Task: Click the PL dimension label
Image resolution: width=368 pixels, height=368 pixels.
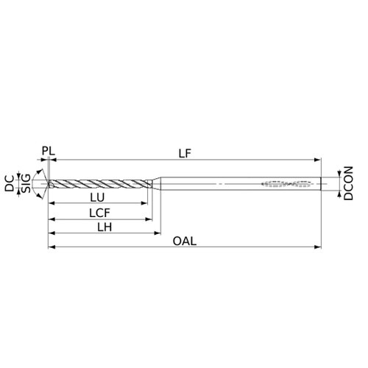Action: pos(49,151)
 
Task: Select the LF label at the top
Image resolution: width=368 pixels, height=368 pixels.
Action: pos(185,154)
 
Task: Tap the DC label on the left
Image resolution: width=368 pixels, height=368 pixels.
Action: pos(10,183)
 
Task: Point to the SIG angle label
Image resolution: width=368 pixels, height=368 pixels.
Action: pos(26,183)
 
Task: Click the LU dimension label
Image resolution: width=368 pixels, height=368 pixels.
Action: pos(97,197)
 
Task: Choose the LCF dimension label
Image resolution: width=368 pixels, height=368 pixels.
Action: pos(99,213)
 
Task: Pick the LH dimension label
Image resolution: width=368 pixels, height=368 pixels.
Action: pos(105,227)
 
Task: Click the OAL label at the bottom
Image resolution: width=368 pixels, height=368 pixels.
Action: pos(185,241)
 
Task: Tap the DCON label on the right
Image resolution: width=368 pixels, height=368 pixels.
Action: pos(348,183)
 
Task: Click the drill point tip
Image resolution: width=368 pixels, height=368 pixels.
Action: pos(48,183)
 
